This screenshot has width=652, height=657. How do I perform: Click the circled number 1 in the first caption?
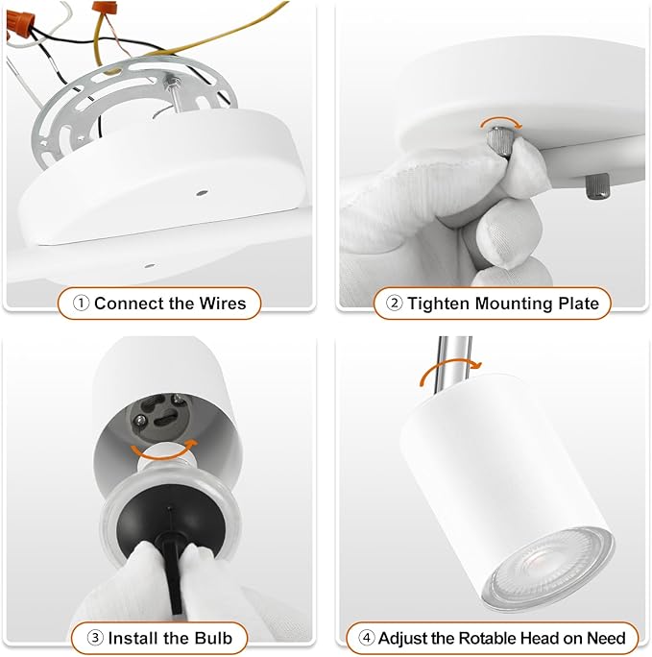[82, 304]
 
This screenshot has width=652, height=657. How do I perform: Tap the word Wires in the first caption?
[222, 304]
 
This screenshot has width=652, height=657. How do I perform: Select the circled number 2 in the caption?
[394, 304]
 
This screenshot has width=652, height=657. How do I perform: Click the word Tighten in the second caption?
[439, 304]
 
